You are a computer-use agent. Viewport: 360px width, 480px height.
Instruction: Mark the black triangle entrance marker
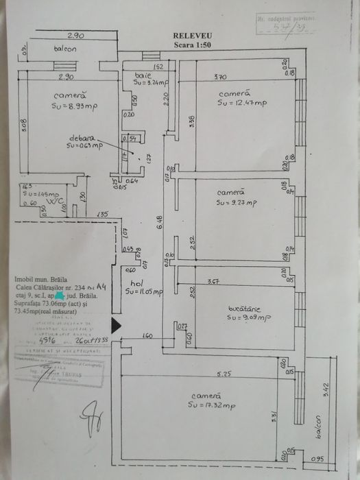[x=116, y=325]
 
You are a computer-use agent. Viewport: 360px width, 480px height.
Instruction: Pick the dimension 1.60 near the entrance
[x=147, y=336]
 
